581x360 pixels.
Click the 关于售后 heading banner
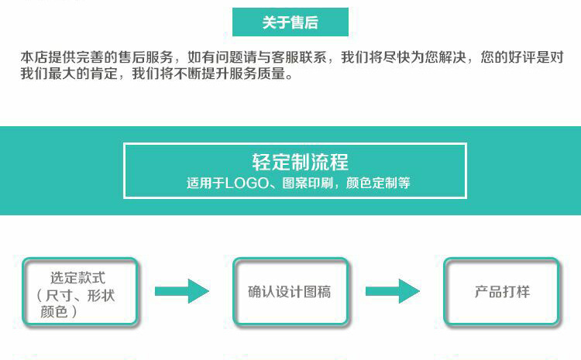(290, 22)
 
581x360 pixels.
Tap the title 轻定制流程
(300, 162)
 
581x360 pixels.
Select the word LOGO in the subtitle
(247, 183)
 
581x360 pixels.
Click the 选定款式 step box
(80, 291)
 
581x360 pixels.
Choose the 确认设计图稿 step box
(290, 291)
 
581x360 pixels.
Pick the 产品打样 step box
(501, 291)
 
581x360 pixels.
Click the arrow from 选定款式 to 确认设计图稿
(181, 291)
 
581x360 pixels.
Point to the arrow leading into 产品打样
(393, 291)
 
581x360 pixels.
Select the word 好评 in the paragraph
(522, 57)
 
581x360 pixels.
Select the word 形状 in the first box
(101, 296)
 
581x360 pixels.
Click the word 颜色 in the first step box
(53, 312)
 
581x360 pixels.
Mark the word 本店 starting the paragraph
(34, 57)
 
